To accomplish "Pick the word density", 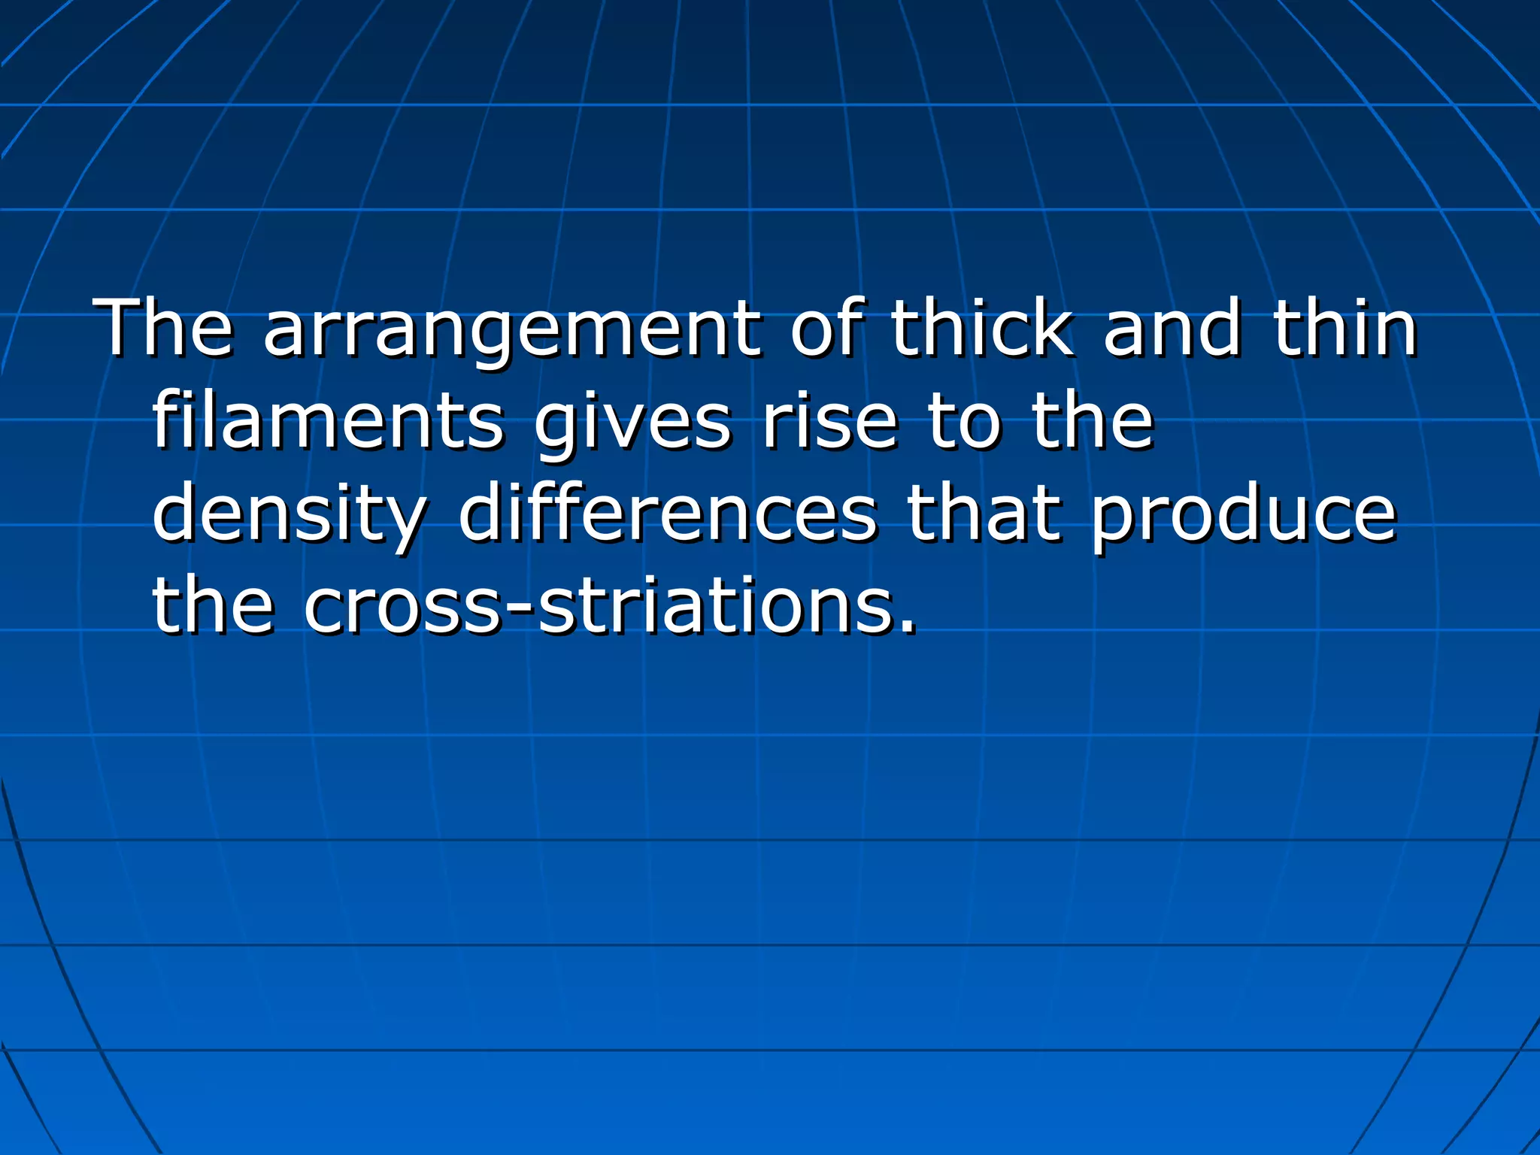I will click(x=290, y=515).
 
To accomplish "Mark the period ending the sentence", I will click(x=908, y=627).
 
